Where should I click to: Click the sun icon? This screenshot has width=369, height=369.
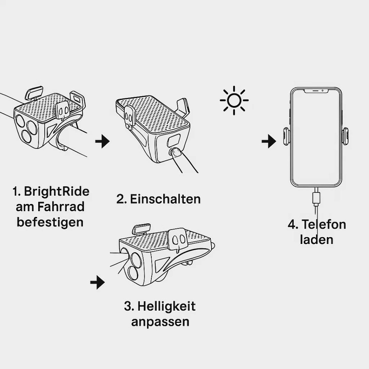[234, 100]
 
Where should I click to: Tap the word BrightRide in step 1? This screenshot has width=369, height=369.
[57, 191]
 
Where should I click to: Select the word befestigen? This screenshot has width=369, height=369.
[50, 222]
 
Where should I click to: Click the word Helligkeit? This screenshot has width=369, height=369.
[166, 306]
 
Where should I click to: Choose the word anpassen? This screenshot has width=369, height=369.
[160, 322]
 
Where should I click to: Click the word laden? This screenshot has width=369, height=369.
[316, 240]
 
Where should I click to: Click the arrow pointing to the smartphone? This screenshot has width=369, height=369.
[269, 141]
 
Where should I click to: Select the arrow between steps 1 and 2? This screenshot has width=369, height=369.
[102, 141]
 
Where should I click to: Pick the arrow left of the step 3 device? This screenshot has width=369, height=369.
[97, 282]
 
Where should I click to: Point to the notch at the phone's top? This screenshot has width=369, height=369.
[316, 91]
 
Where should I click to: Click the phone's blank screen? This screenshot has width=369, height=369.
[316, 137]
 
